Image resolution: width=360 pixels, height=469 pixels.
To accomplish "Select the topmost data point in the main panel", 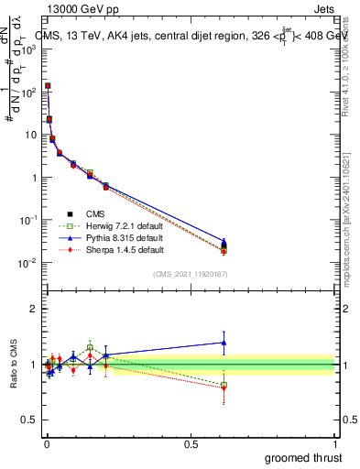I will pyautogui.click(x=48, y=86).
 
